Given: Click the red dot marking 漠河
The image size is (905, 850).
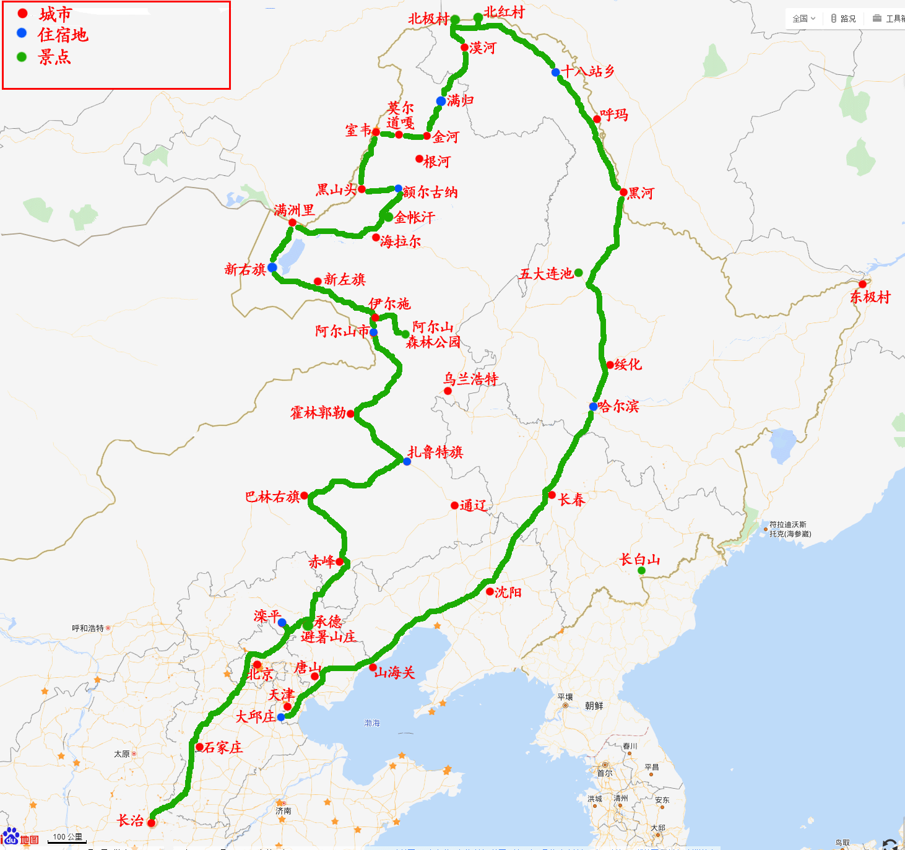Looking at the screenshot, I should click(464, 48).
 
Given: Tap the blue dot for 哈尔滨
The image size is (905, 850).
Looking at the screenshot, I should click(593, 407).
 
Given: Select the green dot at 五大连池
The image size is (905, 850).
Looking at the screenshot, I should click(578, 272).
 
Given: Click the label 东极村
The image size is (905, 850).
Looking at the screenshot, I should click(870, 297).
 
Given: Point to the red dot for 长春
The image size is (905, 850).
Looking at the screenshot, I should click(552, 495).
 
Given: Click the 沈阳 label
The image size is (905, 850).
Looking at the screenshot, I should click(508, 592).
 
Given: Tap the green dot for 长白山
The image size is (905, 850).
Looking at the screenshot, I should click(641, 570).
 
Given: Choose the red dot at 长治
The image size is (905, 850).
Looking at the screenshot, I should click(151, 823).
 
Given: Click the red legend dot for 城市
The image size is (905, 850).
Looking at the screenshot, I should click(22, 13).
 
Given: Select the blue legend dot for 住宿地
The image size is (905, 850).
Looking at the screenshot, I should click(22, 33).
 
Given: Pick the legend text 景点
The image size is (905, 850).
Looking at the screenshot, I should click(54, 58).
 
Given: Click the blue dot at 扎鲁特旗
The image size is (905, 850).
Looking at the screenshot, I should click(407, 461).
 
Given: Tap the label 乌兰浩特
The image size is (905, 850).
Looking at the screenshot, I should click(470, 379).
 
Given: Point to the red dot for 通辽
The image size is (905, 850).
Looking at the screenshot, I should click(454, 505).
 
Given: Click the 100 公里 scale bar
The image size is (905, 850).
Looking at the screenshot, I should click(67, 838).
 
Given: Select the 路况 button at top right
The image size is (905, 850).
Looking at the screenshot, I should click(844, 19).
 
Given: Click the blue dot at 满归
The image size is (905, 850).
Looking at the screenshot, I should click(441, 101).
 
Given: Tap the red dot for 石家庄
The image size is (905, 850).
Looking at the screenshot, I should click(199, 747).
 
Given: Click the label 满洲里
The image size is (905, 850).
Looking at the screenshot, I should click(295, 210).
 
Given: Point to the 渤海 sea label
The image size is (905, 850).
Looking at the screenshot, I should click(372, 723).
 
